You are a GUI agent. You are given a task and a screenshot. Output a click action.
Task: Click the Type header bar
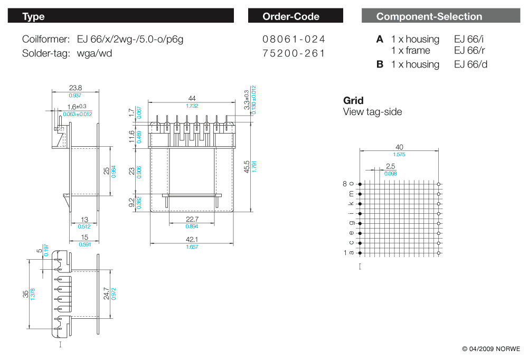coord(120,16)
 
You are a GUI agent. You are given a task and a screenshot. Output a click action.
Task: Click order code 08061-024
coord(294,39)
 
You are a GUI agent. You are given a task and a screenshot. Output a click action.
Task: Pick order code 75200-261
coord(294,53)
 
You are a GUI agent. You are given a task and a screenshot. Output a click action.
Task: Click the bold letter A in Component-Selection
coord(380,39)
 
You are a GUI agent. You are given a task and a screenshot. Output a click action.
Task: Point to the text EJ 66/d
coord(469,64)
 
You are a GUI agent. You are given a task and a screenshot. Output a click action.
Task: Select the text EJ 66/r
coord(468,51)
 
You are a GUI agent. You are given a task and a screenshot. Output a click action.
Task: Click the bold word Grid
coord(353,100)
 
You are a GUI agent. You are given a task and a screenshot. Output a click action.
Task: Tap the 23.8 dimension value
coord(76,88)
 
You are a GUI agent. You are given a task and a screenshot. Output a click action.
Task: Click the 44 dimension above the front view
coord(192,99)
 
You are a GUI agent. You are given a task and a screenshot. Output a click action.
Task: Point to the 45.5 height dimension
coord(247,167)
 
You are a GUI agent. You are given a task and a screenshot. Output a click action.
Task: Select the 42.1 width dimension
coord(192,240)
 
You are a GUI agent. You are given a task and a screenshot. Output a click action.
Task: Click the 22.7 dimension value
coord(192,220)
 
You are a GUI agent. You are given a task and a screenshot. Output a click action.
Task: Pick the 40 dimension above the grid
coord(399,147)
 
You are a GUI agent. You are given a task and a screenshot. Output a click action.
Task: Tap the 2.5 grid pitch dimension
coord(390,166)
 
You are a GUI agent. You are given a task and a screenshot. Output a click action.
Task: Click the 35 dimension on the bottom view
coord(25,295)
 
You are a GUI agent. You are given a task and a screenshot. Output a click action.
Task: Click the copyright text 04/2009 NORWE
coord(491,349)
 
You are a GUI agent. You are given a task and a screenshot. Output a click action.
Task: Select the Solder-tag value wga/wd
coord(95,53)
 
